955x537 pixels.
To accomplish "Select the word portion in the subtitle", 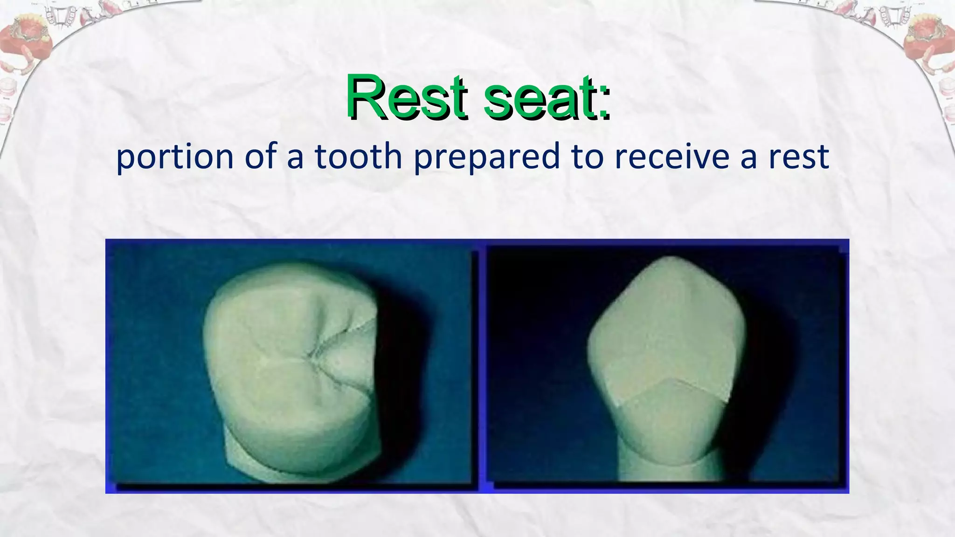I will [x=174, y=158].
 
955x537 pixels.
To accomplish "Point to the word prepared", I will [x=486, y=158].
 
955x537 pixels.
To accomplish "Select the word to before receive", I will [x=586, y=157].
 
